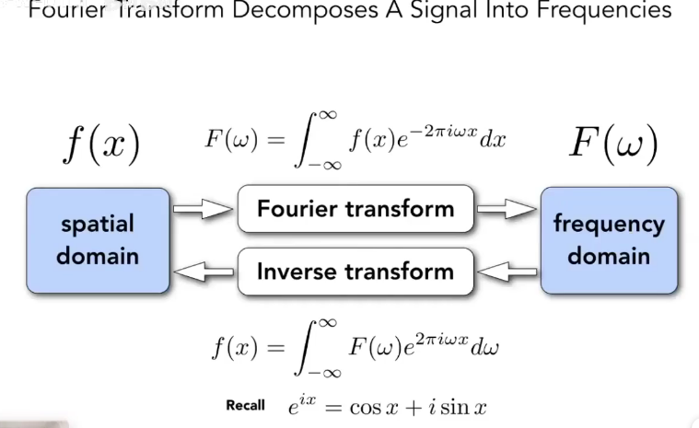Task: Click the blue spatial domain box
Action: coord(98,240)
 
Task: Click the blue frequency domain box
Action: coord(608,240)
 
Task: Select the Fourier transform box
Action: coord(355,209)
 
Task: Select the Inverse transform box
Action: coord(355,272)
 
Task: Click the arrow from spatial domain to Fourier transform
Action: coord(203,210)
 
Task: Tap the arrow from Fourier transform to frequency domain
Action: coord(506,210)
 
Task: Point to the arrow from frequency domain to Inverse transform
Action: coord(507,272)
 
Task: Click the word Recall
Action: coord(245,405)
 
